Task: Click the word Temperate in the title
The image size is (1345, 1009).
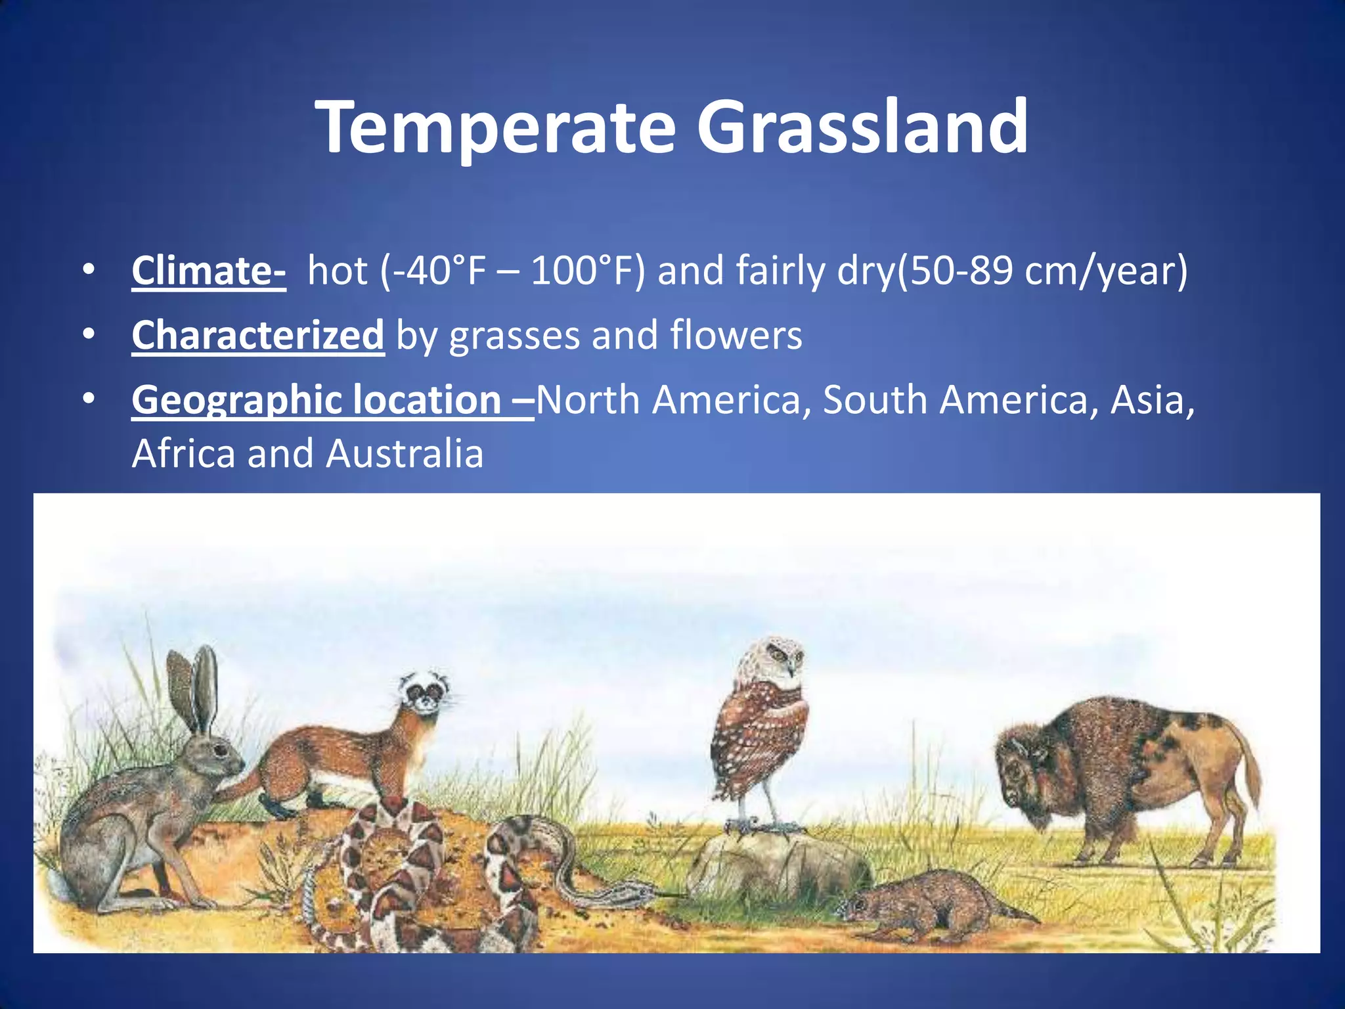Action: [x=496, y=128]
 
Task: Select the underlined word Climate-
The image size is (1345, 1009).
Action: [x=208, y=271]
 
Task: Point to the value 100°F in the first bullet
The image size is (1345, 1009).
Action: [x=579, y=271]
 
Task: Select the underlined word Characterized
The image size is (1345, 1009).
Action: [x=257, y=335]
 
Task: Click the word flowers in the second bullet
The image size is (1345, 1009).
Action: [x=736, y=335]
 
